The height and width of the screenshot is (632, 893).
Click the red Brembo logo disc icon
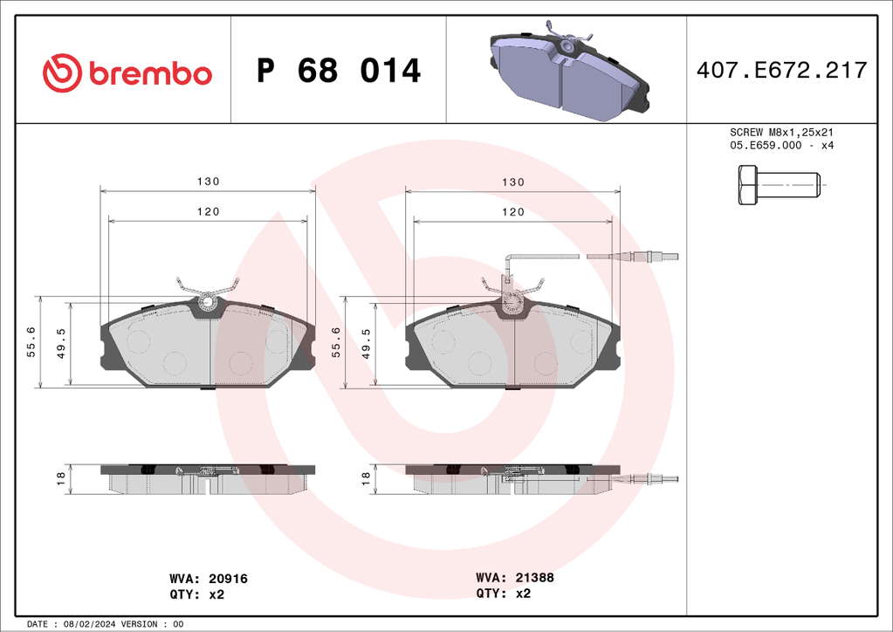click(x=62, y=73)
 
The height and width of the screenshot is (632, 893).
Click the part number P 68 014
click(x=339, y=71)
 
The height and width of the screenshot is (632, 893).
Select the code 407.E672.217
click(x=781, y=70)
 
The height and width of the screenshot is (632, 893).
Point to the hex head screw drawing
click(x=780, y=185)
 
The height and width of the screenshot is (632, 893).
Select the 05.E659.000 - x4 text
click(x=781, y=145)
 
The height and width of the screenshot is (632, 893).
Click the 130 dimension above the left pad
click(x=208, y=181)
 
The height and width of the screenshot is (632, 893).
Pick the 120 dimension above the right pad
click(x=512, y=212)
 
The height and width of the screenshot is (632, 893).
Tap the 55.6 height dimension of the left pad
click(x=32, y=342)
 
